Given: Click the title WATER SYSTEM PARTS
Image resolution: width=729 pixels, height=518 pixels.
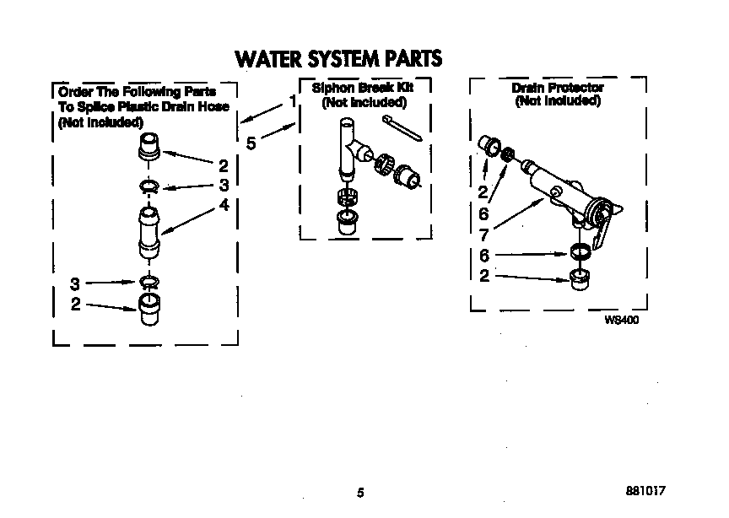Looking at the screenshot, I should coord(337,58).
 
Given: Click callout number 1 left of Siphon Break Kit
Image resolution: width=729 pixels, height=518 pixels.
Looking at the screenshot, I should coord(292,100).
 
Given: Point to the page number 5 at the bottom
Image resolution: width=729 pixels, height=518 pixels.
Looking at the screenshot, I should coord(360,494).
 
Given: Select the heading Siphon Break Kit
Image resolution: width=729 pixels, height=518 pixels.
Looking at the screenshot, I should coord(364,88).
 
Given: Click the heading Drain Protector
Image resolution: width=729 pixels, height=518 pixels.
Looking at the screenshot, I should coord(558,88).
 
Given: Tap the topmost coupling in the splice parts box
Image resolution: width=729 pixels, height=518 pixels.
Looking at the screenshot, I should coord(148,145).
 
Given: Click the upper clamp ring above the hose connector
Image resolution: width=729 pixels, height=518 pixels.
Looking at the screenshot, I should coord(148,186).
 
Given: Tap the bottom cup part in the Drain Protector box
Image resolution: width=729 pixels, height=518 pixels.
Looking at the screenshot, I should coord(580,278).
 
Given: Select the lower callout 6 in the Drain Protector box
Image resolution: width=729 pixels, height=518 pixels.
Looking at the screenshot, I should coord(484,255).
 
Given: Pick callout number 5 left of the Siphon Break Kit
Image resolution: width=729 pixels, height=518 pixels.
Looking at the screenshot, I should coord(251,143).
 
